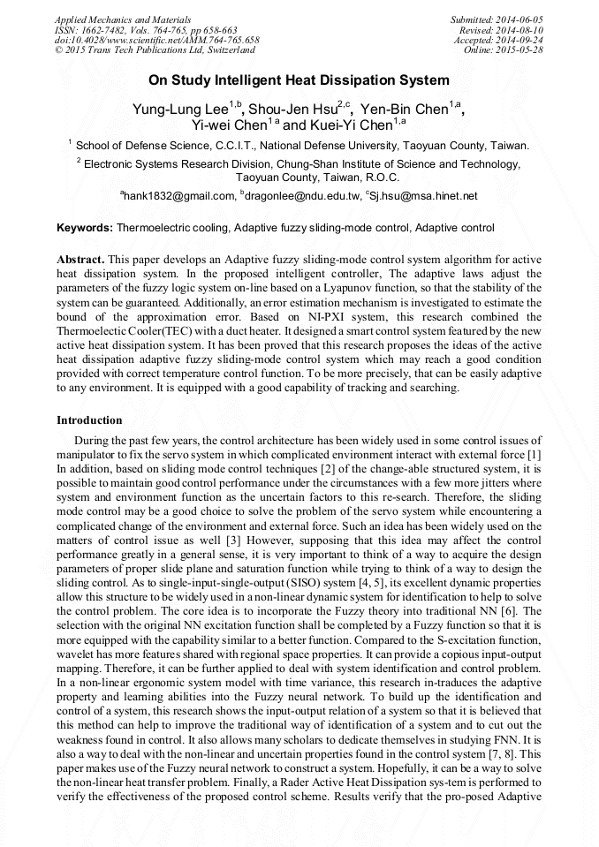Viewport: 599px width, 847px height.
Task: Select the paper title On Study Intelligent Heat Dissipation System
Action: [299, 79]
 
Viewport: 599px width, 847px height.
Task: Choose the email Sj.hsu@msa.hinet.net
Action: [424, 195]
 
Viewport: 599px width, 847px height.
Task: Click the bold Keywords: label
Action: [85, 228]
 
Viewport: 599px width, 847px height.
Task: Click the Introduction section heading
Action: [89, 420]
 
